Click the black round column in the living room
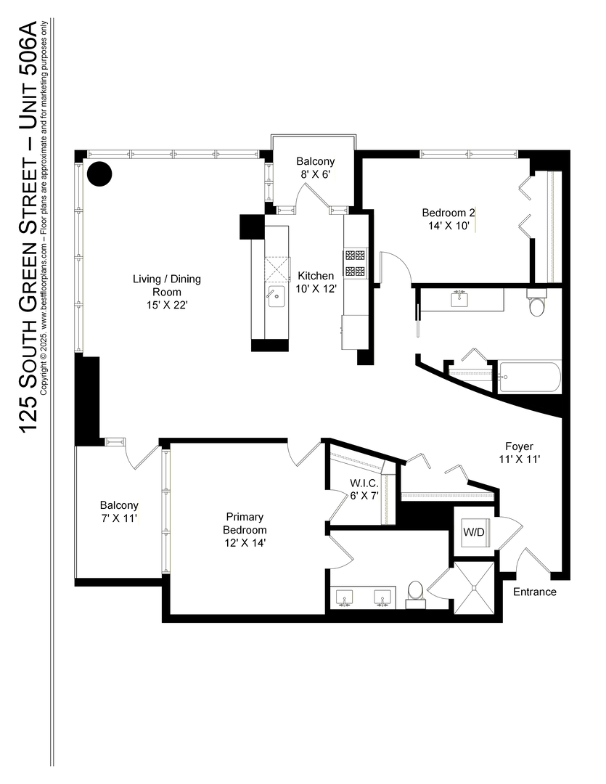99,174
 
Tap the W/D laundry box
474,532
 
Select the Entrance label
535,592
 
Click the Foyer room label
520,446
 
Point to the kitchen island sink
277,295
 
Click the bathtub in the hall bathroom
529,377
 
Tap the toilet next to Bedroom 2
537,305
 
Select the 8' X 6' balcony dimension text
316,174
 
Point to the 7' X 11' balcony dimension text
119,518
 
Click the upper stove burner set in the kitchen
355,256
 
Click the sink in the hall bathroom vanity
460,298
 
